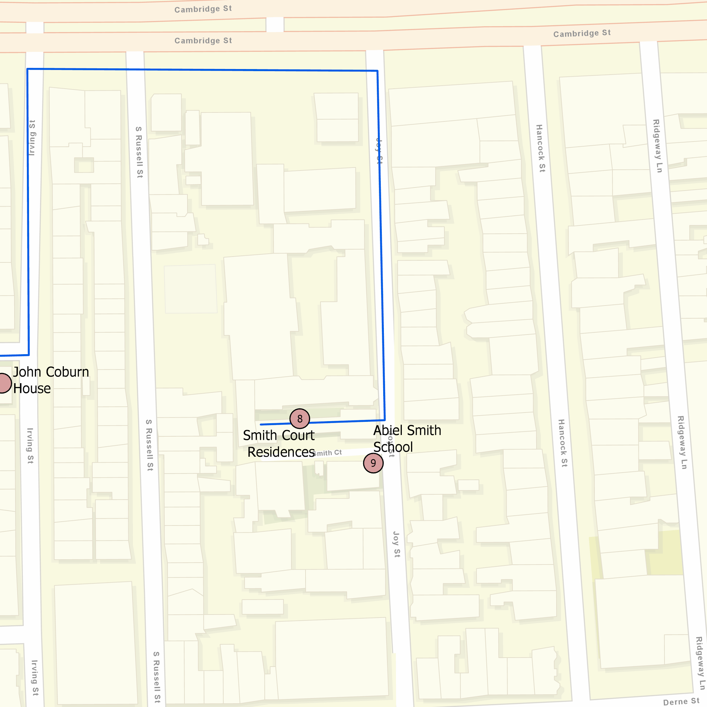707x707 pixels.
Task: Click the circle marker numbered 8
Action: (300, 419)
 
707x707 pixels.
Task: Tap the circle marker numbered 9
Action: (373, 463)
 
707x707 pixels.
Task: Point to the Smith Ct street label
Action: (328, 453)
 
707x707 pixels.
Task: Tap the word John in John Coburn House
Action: (27, 372)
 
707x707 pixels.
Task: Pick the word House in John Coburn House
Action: (32, 389)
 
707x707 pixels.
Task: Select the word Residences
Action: (281, 452)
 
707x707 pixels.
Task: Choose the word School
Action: (393, 447)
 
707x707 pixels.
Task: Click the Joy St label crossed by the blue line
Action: (379, 151)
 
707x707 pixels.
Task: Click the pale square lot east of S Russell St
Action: (190, 289)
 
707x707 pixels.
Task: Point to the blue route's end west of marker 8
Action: (261, 425)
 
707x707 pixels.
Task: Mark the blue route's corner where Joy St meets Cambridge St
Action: (377, 71)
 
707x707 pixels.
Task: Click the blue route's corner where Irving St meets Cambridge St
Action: (28, 69)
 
